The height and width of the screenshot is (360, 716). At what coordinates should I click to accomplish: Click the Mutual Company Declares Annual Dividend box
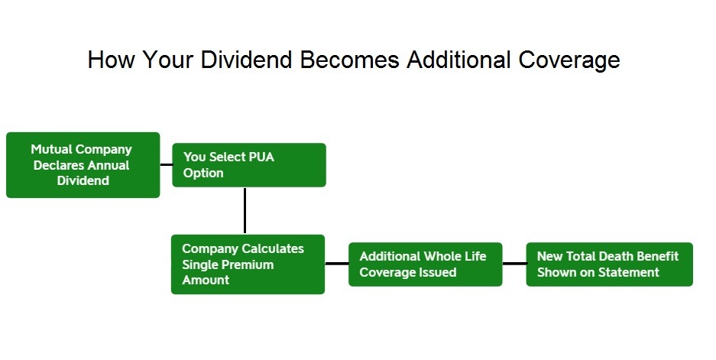pyautogui.click(x=83, y=165)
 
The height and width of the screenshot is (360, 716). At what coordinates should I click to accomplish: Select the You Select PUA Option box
pyautogui.click(x=249, y=165)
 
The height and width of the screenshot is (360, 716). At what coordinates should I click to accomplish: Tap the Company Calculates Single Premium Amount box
pyautogui.click(x=248, y=264)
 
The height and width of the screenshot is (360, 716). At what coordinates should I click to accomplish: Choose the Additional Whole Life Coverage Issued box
pyautogui.click(x=425, y=264)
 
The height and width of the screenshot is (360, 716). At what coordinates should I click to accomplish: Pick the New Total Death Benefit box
pyautogui.click(x=609, y=264)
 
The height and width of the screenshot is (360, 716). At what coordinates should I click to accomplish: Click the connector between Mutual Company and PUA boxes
pyautogui.click(x=166, y=164)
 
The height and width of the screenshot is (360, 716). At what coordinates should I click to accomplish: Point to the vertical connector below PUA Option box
pyautogui.click(x=245, y=210)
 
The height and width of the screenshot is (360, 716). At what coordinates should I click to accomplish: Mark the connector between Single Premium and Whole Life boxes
pyautogui.click(x=336, y=264)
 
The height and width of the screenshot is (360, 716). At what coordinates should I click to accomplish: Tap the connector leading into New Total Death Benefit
pyautogui.click(x=514, y=264)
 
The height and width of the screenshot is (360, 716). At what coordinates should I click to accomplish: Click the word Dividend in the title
pyautogui.click(x=248, y=60)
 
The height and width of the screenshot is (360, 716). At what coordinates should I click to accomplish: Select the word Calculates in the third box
pyautogui.click(x=271, y=249)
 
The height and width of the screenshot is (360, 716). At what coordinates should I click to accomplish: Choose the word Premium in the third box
pyautogui.click(x=248, y=264)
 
